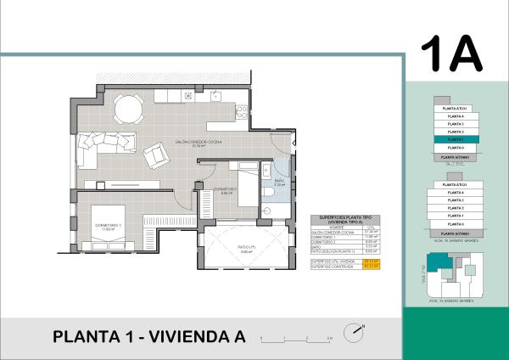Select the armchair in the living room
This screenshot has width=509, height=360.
[x=157, y=155]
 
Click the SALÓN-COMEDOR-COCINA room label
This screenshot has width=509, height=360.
[x=198, y=142]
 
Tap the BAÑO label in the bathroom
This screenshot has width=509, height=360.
[x=281, y=180]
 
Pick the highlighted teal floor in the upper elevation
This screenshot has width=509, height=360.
[x=455, y=140]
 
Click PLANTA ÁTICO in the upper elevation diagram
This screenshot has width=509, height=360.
[x=455, y=109]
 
